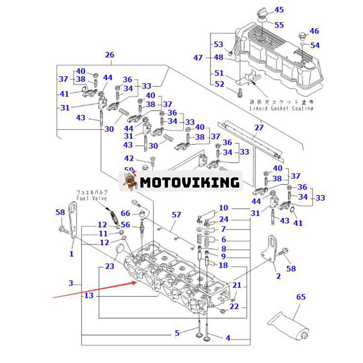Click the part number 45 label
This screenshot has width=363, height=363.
point(279,10)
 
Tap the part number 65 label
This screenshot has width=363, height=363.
point(301,298)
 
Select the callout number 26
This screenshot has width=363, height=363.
point(109,55)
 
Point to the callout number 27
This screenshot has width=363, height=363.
point(259,128)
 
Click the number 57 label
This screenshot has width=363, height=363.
point(176,214)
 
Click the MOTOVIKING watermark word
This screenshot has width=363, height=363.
point(189,182)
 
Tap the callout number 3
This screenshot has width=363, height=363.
point(71,284)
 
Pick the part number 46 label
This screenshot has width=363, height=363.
point(314,31)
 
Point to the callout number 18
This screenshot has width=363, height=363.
point(223,265)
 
